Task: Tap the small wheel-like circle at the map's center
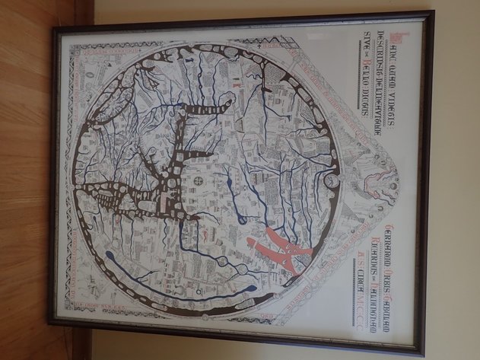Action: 199,181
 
